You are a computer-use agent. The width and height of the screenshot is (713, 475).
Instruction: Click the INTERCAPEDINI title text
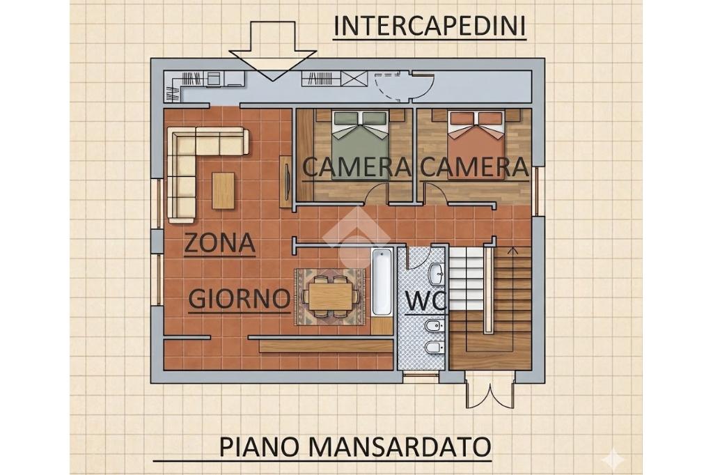coord(430,26)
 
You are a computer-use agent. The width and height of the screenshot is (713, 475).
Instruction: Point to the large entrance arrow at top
coord(273,50)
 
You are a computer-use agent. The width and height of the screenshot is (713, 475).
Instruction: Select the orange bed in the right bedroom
coord(476,145)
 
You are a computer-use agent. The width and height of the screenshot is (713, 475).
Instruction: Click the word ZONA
coord(219,243)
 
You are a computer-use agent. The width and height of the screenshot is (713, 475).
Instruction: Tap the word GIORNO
coord(240,299)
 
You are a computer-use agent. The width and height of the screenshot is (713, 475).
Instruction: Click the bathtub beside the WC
coord(382,282)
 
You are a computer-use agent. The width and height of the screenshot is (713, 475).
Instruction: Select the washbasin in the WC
coord(437,274)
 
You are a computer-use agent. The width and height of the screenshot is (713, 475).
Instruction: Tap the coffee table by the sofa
coord(224,190)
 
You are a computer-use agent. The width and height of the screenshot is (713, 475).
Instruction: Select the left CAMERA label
coord(356,167)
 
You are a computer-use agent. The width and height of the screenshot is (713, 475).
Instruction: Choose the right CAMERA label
coord(474,167)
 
